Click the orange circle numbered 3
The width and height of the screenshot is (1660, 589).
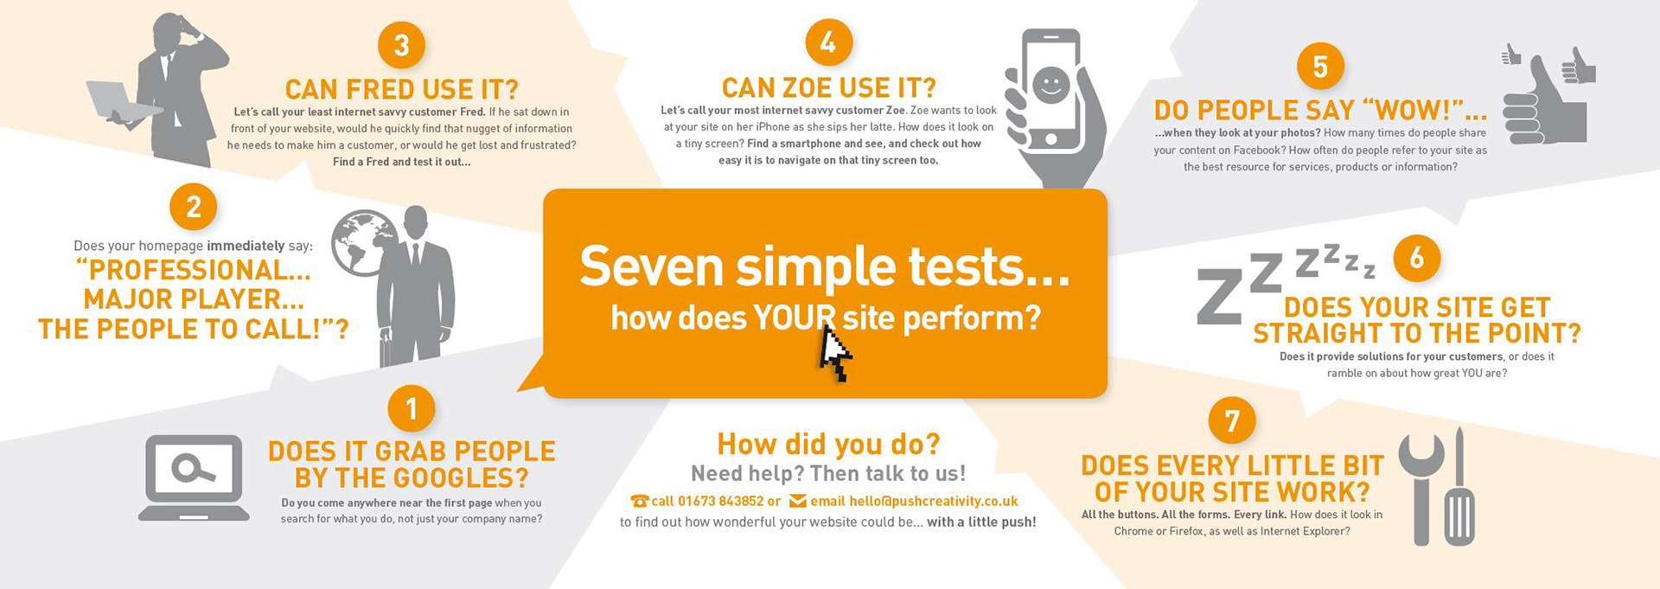pyautogui.click(x=401, y=44)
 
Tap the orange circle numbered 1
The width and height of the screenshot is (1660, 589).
pyautogui.click(x=412, y=407)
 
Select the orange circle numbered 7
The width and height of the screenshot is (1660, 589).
pyautogui.click(x=1232, y=420)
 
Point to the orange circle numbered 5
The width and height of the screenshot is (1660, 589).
pyautogui.click(x=1320, y=66)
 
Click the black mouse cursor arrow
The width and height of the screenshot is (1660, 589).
pyautogui.click(x=833, y=352)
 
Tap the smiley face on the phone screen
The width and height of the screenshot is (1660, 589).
pyautogui.click(x=1051, y=85)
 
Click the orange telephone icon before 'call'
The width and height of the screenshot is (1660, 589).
pyautogui.click(x=640, y=501)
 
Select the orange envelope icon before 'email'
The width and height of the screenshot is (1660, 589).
pyautogui.click(x=798, y=501)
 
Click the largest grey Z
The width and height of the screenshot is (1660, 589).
pyautogui.click(x=1220, y=296)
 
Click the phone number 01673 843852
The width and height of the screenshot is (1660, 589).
pyautogui.click(x=720, y=501)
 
